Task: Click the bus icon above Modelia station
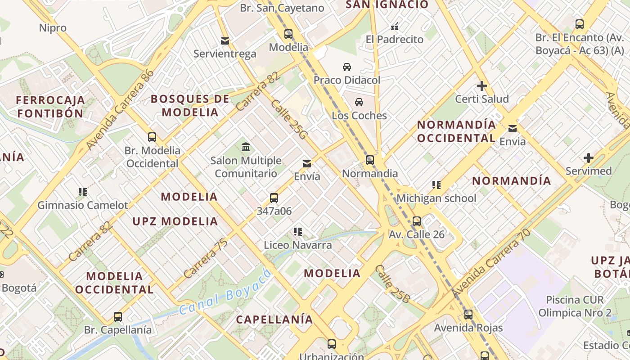click(x=288, y=34)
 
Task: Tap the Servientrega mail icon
click(x=225, y=41)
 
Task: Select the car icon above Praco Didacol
click(x=347, y=67)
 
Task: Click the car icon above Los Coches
click(x=359, y=102)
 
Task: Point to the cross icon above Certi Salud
click(x=482, y=85)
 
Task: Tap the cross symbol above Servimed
click(x=588, y=158)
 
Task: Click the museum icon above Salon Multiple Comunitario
click(x=246, y=147)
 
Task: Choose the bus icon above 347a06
click(x=274, y=198)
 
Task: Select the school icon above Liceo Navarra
click(x=297, y=232)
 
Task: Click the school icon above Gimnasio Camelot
click(x=82, y=192)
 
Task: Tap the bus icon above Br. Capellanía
click(x=118, y=316)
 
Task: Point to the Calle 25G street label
click(x=288, y=119)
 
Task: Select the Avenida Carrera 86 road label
click(x=120, y=110)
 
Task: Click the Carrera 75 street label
click(x=205, y=258)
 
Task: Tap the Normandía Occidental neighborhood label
click(x=456, y=131)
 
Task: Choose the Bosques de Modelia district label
click(x=190, y=105)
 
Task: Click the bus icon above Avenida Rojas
click(x=468, y=315)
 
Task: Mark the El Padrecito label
click(x=395, y=40)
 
